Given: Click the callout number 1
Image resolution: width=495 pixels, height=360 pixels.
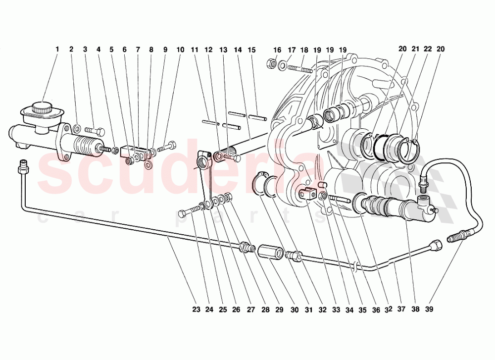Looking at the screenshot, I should [x=57, y=50].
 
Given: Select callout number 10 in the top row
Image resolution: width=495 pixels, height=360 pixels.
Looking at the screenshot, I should [x=180, y=50].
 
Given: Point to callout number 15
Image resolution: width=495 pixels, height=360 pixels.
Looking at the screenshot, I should [x=251, y=50].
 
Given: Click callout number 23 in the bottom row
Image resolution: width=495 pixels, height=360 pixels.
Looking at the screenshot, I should [x=196, y=309].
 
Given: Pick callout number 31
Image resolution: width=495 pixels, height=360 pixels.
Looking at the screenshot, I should [x=308, y=309].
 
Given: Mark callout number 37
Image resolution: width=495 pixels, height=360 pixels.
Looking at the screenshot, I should [x=401, y=309].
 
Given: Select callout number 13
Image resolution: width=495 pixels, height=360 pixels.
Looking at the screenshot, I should [x=223, y=50].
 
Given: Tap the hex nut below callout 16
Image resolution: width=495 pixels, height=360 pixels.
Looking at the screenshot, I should [x=271, y=63].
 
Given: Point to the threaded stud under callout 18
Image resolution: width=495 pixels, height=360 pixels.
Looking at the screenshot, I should [x=299, y=68].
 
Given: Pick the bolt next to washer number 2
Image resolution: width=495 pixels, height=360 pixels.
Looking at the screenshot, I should [x=95, y=131].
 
